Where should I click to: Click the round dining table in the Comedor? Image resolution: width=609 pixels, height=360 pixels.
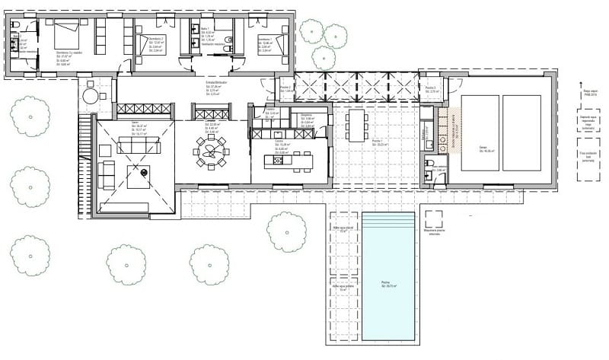coord(210,151)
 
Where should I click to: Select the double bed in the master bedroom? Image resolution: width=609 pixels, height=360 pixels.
coord(66,37)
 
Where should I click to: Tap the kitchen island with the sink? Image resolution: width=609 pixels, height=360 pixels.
coord(288,161)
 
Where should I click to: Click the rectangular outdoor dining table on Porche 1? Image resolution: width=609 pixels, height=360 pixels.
coord(356,126)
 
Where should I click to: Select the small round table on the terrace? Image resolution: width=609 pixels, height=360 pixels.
coord(91,97)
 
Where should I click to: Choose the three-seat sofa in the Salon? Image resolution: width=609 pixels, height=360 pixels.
coord(139,145)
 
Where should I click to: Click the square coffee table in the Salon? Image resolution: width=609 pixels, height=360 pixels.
coord(139,177)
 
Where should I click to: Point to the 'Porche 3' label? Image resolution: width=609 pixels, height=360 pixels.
coord(430,88)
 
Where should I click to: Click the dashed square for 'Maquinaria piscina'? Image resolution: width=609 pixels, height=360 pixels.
coord(434,219)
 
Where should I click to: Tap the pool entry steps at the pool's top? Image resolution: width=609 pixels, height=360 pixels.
coord(388,221)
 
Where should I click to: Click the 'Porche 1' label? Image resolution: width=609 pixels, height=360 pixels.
coord(377,141)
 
